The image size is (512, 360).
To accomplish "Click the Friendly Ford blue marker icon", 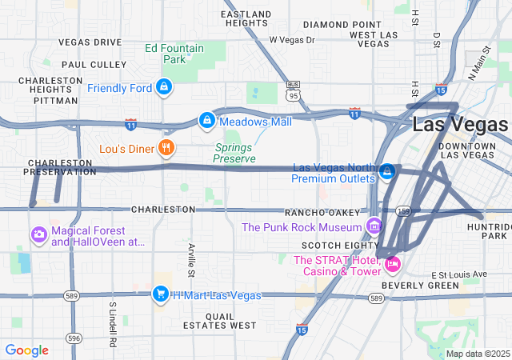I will coord(163,86).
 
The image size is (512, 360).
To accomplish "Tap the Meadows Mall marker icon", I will coord(206,121).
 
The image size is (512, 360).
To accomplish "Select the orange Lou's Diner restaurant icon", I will coord(166,148).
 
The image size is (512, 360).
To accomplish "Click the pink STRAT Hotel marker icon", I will coord(392,263).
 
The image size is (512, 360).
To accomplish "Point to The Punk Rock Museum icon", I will coord(373,226).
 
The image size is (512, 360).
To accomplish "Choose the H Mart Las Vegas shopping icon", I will coord(161,294).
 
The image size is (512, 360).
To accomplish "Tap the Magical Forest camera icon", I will coord(38,235).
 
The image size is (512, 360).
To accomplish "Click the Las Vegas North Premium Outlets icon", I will coord(388,171).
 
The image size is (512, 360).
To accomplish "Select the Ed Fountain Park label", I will coord(174,54).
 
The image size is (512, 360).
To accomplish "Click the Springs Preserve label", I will coord(234,153).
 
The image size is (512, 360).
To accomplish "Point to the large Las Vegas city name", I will coord(459,125).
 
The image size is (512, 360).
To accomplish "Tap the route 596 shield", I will coord(74,338).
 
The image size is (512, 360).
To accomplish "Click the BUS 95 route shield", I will coord(294,90).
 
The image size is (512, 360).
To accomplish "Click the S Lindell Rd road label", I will coord(114,324).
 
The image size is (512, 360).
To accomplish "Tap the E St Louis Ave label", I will coord(458,274).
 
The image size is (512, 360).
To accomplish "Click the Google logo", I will coord(26,350).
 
